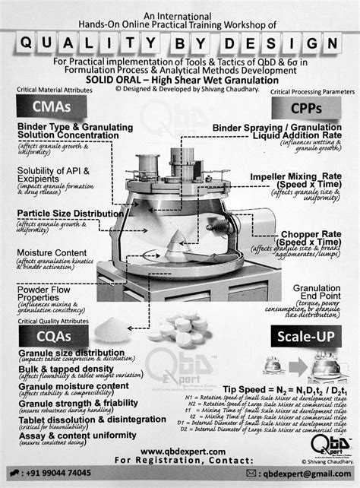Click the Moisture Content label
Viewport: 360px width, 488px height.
pyautogui.click(x=47, y=252)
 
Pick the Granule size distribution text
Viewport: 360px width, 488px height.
pyautogui.click(x=65, y=354)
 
